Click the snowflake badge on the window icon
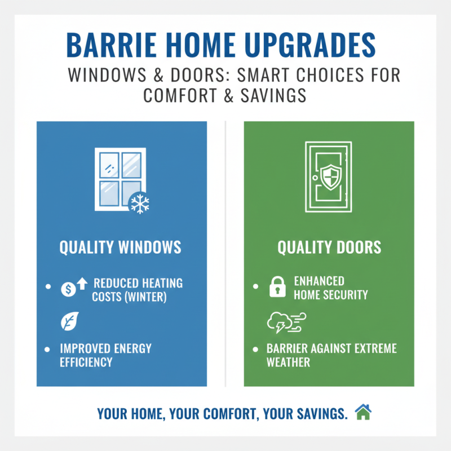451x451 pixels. pyautogui.click(x=139, y=203)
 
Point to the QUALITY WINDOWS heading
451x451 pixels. pyautogui.click(x=121, y=247)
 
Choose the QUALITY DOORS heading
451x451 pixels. pyautogui.click(x=329, y=247)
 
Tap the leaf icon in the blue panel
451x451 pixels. pyautogui.click(x=67, y=322)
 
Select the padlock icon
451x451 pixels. pyautogui.click(x=277, y=288)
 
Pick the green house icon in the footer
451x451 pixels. pyautogui.click(x=364, y=413)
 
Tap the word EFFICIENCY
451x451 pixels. pyautogui.click(x=86, y=362)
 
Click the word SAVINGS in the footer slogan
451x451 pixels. pyautogui.click(x=317, y=414)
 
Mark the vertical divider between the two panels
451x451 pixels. pyautogui.click(x=225, y=254)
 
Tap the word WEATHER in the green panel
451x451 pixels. pyautogui.click(x=288, y=362)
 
